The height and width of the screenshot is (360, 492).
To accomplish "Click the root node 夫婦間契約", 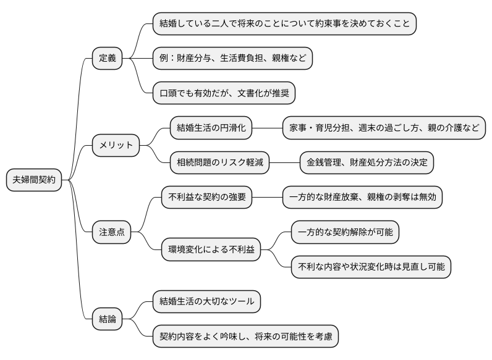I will (34, 180).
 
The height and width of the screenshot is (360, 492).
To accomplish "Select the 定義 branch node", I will (107, 59).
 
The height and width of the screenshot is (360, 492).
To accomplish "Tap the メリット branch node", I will (116, 146).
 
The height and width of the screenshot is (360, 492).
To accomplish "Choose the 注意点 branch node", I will (112, 232).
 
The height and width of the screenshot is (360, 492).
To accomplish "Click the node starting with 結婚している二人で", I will (284, 24).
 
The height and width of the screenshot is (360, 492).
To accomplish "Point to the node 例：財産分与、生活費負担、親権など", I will (232, 59).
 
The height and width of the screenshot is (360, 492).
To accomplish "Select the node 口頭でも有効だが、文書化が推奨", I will (224, 93).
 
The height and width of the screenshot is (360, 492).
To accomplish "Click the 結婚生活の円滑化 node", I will (211, 128).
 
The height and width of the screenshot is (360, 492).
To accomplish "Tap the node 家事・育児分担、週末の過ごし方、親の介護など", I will (383, 128).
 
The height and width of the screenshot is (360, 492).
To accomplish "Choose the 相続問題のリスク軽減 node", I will (220, 163).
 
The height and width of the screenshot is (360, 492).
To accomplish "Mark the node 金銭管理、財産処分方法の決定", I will (367, 163).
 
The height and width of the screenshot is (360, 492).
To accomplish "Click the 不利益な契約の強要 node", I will (207, 198).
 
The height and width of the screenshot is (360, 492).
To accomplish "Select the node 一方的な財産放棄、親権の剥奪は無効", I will (363, 198).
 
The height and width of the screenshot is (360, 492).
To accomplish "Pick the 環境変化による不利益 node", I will (211, 249).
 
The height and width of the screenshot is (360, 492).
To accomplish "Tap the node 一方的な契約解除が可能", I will (346, 232).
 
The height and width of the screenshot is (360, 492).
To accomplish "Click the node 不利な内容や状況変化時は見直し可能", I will (371, 267).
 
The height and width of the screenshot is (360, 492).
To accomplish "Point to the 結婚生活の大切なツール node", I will (206, 302).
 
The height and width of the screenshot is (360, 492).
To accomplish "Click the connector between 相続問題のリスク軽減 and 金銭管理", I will (284, 163).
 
